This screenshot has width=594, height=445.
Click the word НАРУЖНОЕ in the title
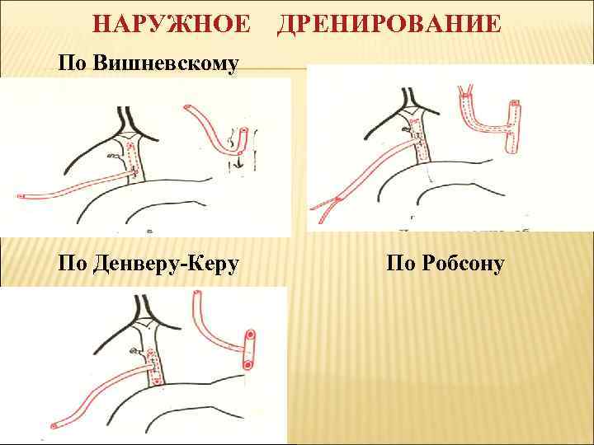tap(171, 24)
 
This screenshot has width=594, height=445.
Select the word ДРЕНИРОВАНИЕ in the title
tap(389, 24)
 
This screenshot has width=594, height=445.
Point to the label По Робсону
tap(445, 264)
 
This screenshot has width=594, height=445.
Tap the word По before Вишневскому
tap(74, 63)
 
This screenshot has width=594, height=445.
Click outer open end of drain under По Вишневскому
tap(20, 197)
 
